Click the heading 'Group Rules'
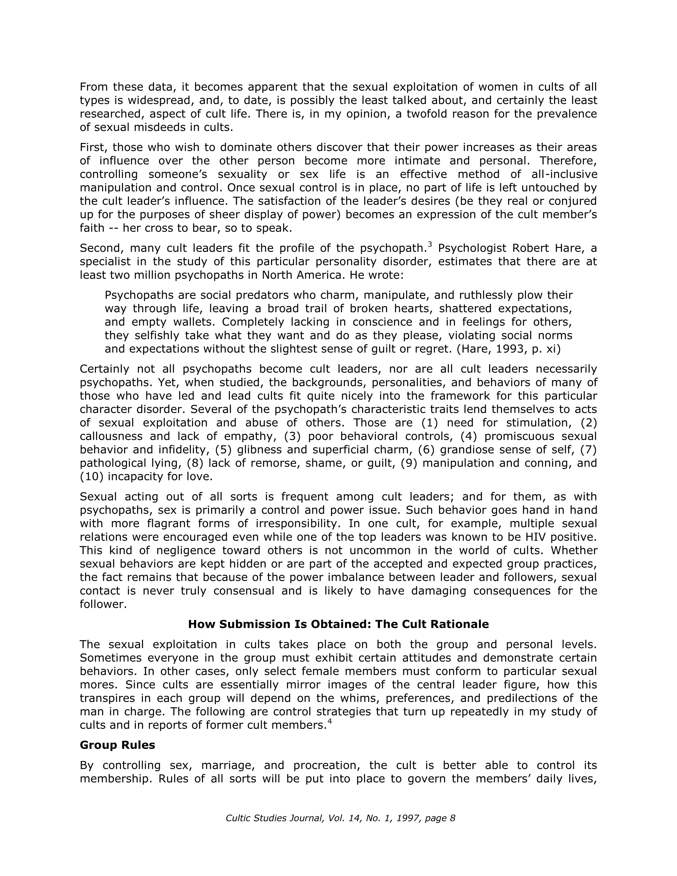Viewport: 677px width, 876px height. tap(117, 745)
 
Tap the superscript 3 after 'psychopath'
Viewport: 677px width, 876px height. tap(430, 244)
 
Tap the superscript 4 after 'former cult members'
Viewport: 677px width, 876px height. tap(330, 722)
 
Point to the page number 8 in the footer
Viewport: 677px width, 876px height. tap(453, 818)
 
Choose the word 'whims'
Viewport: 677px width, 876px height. tap(360, 698)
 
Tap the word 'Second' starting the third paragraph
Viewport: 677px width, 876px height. tap(100, 248)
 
